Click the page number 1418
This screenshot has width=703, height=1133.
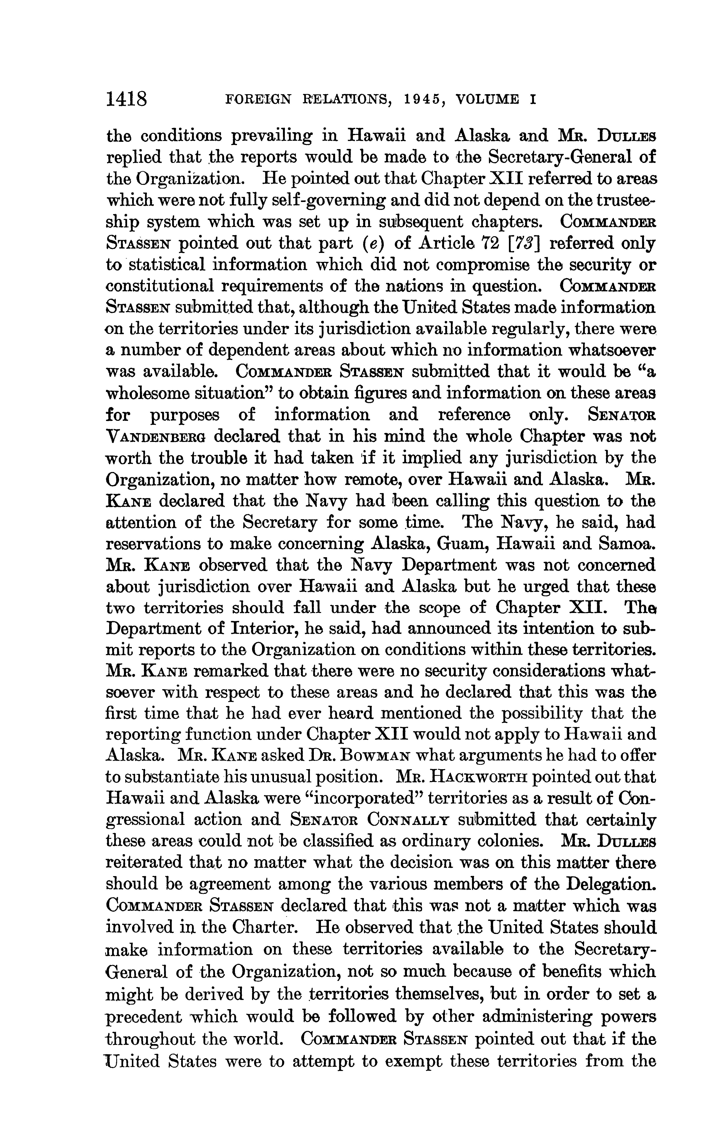tap(126, 100)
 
